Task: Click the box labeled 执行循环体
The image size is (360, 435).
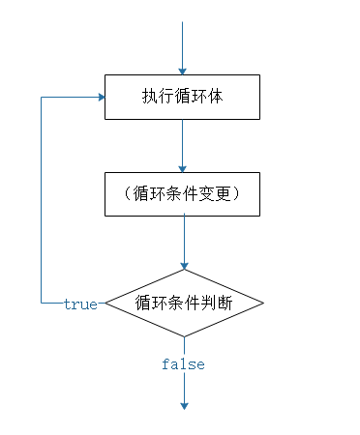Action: (182, 97)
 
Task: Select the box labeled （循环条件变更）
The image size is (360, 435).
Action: (182, 193)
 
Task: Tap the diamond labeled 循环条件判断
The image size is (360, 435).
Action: (183, 304)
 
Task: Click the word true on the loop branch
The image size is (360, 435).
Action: (80, 304)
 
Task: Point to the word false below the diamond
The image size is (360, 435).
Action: (183, 364)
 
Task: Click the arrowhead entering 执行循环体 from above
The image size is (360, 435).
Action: (182, 70)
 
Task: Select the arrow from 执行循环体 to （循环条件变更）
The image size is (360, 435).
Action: (182, 145)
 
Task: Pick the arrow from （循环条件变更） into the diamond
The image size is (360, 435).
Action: (183, 242)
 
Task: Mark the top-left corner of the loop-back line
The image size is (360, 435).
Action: (41, 97)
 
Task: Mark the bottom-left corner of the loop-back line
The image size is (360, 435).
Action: (41, 304)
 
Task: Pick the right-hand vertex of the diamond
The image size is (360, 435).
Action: (262, 304)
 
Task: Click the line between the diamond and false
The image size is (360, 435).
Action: (183, 346)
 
